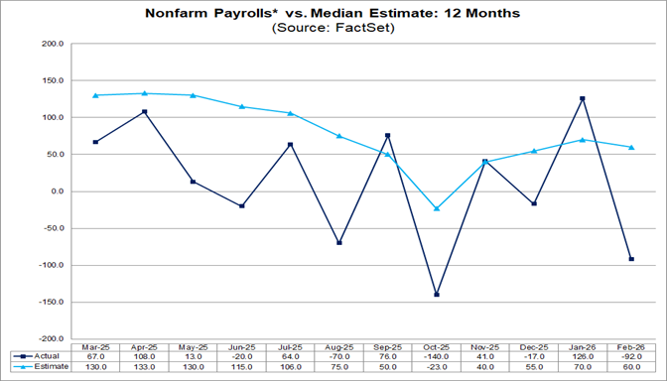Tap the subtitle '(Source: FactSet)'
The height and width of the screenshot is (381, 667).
pyautogui.click(x=333, y=29)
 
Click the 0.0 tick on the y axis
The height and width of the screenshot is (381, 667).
pyautogui.click(x=55, y=191)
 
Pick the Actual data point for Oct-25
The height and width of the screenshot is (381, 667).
pyautogui.click(x=437, y=295)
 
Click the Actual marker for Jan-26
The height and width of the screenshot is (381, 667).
pyautogui.click(x=583, y=98)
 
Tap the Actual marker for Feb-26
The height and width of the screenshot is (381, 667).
pyautogui.click(x=631, y=259)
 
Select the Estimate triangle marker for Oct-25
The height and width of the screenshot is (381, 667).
pyautogui.click(x=437, y=208)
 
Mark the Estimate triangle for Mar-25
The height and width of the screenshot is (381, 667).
pyautogui.click(x=96, y=95)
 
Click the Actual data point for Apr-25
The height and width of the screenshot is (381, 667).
pyautogui.click(x=145, y=112)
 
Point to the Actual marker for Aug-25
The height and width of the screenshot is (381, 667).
pyautogui.click(x=339, y=243)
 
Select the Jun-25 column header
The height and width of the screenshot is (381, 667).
pyautogui.click(x=242, y=344)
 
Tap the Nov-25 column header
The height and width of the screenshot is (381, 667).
pyautogui.click(x=485, y=344)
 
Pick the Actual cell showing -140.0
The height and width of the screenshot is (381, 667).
pyautogui.click(x=437, y=355)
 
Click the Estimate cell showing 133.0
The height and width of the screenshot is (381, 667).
pyautogui.click(x=145, y=366)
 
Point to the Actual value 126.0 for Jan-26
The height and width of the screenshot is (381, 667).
pyautogui.click(x=583, y=355)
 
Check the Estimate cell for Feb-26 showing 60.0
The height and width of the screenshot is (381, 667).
pyautogui.click(x=631, y=366)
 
